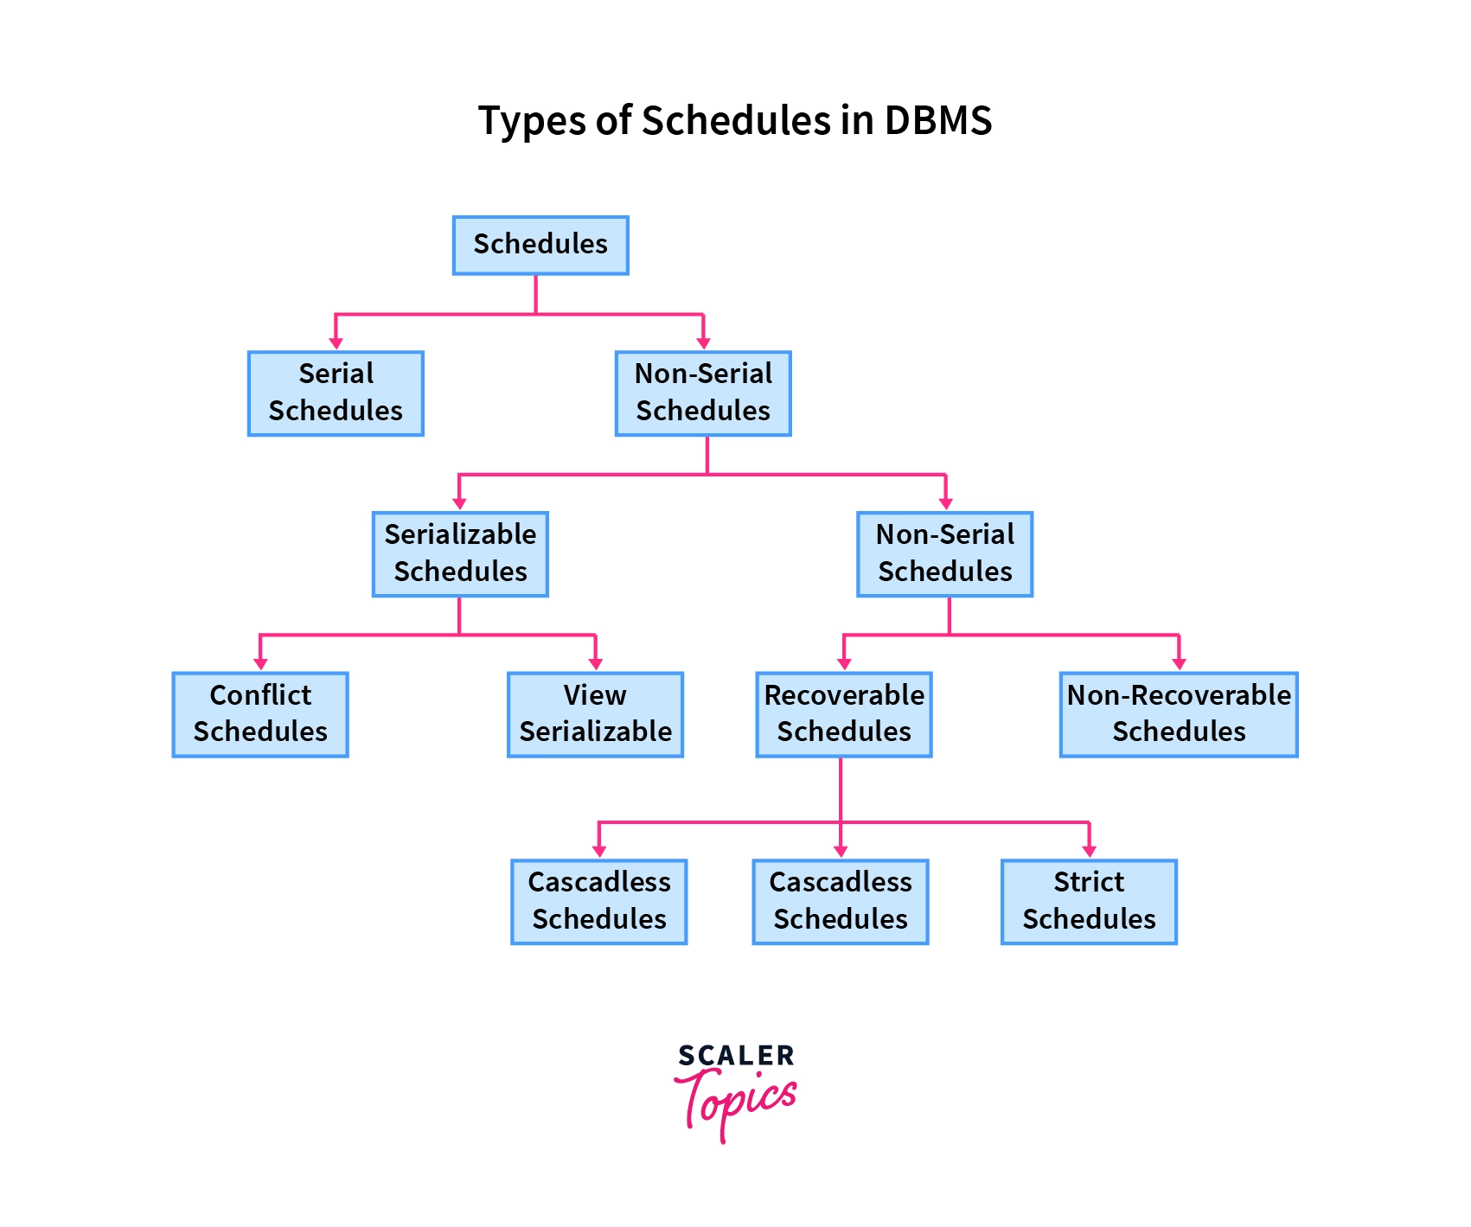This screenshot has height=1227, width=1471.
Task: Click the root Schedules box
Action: tap(540, 246)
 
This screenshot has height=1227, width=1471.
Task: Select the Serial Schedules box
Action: tap(336, 393)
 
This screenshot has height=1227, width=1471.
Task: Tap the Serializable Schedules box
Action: tap(460, 554)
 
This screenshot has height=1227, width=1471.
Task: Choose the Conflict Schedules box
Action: tap(260, 714)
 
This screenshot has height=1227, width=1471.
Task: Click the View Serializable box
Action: tap(595, 714)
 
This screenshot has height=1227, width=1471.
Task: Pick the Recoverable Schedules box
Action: tap(844, 714)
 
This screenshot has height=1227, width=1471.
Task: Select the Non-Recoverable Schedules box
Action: tap(1179, 714)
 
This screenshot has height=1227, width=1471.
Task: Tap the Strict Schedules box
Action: tap(1089, 901)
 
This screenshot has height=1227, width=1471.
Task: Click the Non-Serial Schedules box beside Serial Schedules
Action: tap(703, 393)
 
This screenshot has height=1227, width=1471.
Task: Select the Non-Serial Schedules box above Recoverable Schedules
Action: tap(945, 554)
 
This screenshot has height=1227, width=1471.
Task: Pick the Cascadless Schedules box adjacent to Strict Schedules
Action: tap(841, 901)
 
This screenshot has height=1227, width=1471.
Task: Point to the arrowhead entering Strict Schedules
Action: tap(1090, 851)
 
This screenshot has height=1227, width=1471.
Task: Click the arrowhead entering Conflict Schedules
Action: tap(260, 664)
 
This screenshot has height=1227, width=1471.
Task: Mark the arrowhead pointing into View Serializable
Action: tap(596, 664)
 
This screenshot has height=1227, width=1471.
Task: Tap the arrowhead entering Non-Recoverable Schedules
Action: tap(1180, 664)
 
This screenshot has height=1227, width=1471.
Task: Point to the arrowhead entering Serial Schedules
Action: tap(336, 343)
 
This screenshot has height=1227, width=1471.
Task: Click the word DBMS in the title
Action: tap(937, 121)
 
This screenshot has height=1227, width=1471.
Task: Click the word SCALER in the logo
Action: tap(736, 1056)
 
